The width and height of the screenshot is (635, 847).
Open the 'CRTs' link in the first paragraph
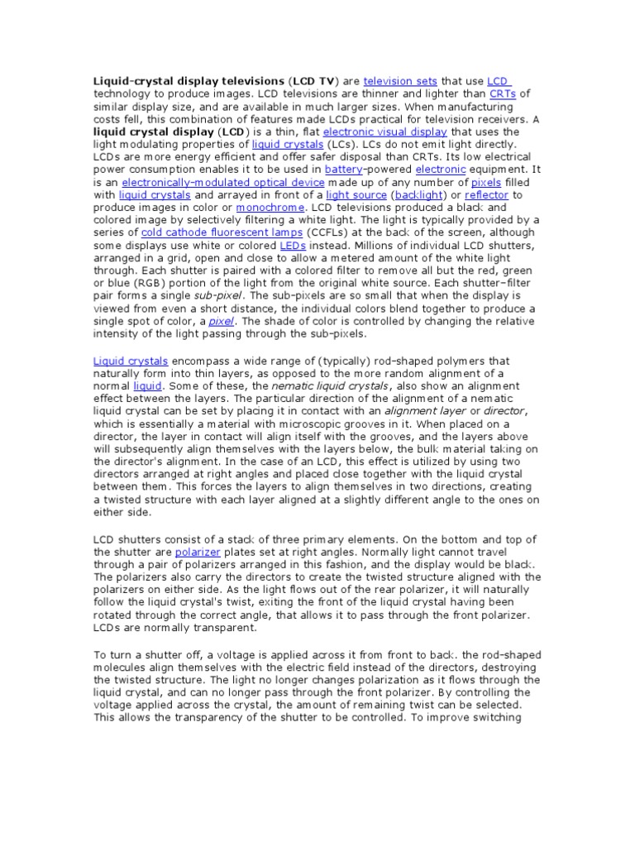[502, 94]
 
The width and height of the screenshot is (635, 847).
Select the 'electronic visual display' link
[384, 132]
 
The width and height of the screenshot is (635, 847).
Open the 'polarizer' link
[196, 552]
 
